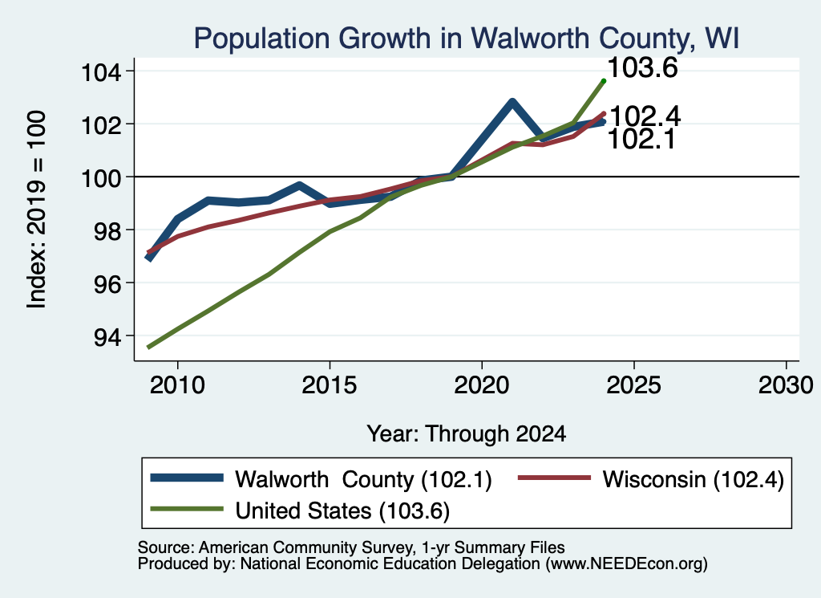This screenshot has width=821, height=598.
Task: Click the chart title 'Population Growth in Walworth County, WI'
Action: (x=467, y=39)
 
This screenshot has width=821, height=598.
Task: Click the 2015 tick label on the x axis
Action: (x=330, y=385)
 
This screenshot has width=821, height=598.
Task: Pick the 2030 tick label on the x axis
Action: (x=786, y=385)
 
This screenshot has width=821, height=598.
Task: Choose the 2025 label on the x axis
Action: (x=633, y=385)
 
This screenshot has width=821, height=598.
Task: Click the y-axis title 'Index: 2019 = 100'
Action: (x=37, y=210)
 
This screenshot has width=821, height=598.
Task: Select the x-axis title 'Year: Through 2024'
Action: (x=466, y=434)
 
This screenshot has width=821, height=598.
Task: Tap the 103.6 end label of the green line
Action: (x=643, y=68)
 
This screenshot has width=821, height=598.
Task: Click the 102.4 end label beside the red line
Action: (x=645, y=116)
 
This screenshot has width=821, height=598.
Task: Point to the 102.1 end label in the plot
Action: (x=642, y=140)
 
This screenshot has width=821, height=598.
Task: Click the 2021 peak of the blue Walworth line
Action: (x=512, y=102)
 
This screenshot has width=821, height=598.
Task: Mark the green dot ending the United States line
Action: (x=604, y=81)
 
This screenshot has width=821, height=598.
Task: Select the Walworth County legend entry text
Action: (x=363, y=479)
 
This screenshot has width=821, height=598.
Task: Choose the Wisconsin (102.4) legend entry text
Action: (x=694, y=479)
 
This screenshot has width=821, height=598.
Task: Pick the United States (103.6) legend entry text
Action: (x=342, y=511)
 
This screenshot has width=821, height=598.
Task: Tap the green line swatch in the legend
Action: (x=187, y=509)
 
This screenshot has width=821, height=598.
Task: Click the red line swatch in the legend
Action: (x=555, y=478)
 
